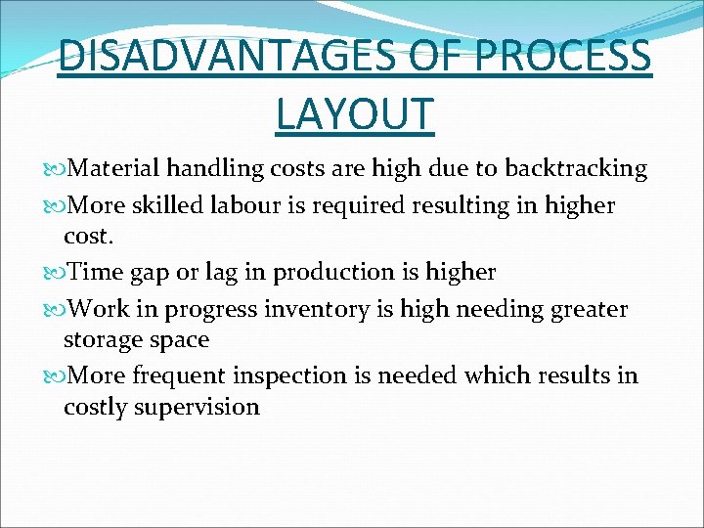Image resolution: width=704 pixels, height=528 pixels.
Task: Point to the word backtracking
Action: click(576, 169)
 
